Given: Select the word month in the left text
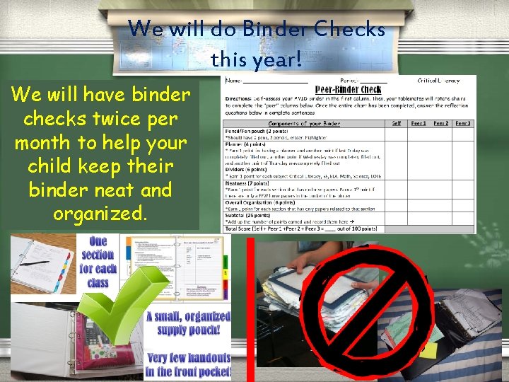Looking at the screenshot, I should pos(45,142).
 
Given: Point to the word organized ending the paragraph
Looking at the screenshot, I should pos(99,214).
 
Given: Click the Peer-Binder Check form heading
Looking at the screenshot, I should pos(348,90).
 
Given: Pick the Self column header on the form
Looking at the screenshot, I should pos(397,124).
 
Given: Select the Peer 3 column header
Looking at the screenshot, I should pos(463,124).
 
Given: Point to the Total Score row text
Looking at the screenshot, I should pos(300,228).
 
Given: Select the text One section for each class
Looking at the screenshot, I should pos(98,262).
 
